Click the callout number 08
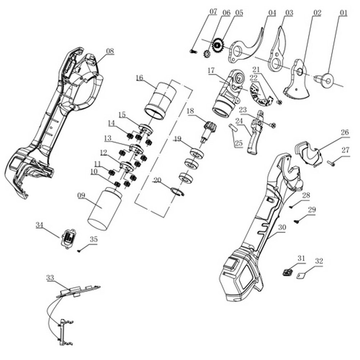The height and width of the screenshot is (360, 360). (110, 51)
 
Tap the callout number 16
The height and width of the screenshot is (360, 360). (140, 77)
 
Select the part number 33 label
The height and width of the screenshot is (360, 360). (50, 277)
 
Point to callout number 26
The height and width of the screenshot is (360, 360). (345, 132)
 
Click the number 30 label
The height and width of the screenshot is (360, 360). (282, 227)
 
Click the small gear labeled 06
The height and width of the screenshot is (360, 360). (207, 54)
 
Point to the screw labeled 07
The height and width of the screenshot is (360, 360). (193, 51)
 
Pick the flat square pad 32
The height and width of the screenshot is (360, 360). (300, 276)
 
